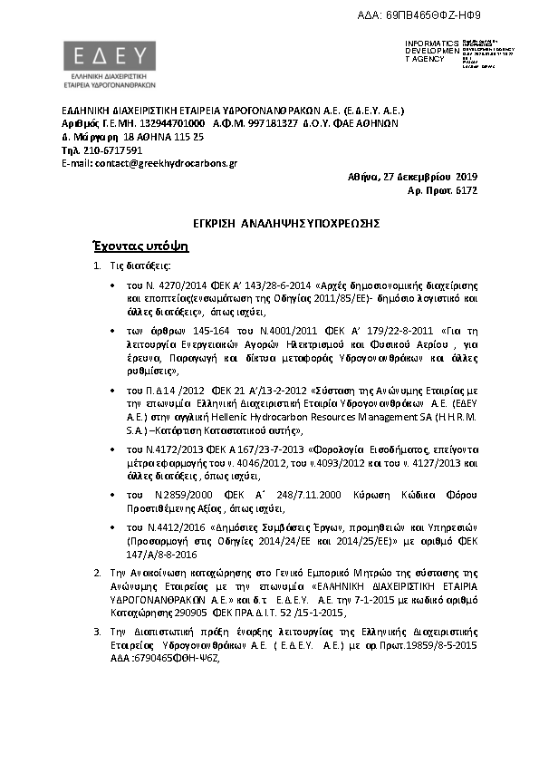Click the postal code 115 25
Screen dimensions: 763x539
point(188,136)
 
